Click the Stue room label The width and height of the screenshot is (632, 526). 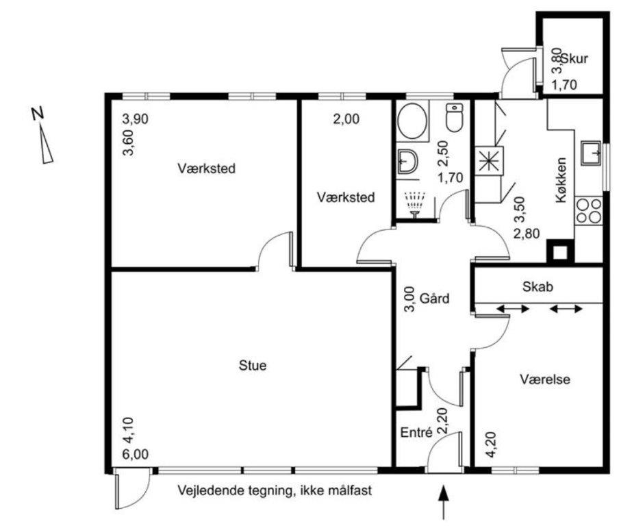(x=253, y=365)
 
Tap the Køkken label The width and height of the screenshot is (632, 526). (x=561, y=179)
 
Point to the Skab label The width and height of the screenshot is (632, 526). (x=538, y=286)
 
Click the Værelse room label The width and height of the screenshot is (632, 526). (x=545, y=379)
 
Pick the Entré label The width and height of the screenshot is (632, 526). (x=416, y=432)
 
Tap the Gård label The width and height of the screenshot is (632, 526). (x=435, y=299)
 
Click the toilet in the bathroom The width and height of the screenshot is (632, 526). (x=455, y=117)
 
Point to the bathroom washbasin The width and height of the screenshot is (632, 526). (x=407, y=161)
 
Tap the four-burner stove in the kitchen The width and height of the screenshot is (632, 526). (x=588, y=211)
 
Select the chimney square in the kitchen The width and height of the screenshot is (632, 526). (x=559, y=252)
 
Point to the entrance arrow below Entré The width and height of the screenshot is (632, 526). (x=444, y=502)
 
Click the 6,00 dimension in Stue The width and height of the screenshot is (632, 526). (x=136, y=454)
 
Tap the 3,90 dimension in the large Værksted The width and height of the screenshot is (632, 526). (x=136, y=119)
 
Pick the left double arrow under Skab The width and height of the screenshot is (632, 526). (x=513, y=309)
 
